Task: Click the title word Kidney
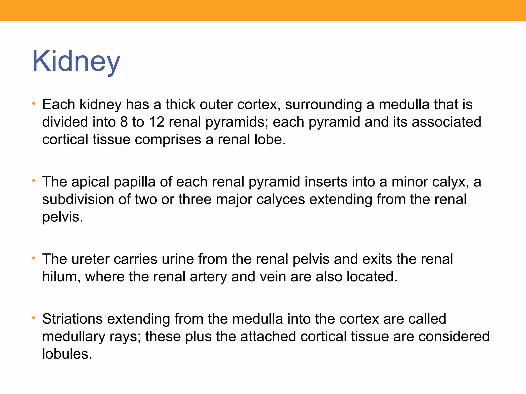pos(76,61)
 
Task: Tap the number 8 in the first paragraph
pos(124,122)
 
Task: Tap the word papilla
pos(135,182)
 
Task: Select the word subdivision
pos(78,200)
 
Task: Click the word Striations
pos(72,319)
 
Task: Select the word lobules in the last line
pos(67,354)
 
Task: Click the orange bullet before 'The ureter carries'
pos(34,258)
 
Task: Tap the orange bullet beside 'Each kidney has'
pos(34,104)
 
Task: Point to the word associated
pos(446,122)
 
